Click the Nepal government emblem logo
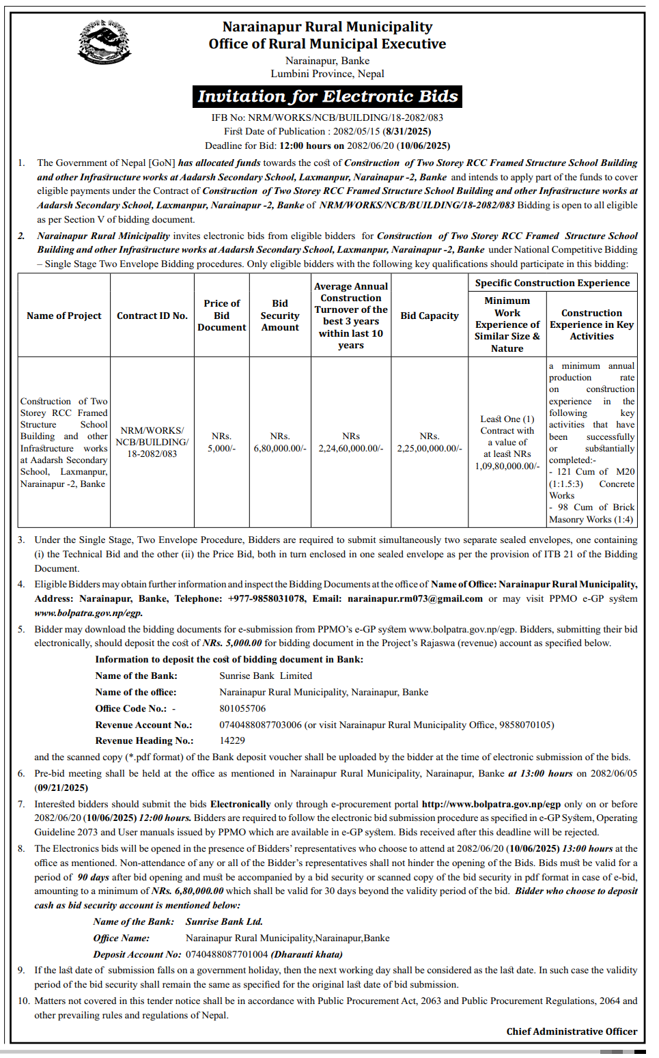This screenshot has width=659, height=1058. pos(104,42)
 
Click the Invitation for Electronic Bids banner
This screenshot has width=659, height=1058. pos(327,96)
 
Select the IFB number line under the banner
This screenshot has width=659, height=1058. pos(327,117)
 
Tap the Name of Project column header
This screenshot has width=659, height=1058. pos(64,316)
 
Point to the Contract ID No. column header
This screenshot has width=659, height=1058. pos(152,316)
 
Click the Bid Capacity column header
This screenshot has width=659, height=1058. pos(430,316)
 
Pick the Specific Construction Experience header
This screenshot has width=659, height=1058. pos(552,283)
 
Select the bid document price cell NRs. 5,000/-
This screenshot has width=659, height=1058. pos(222,442)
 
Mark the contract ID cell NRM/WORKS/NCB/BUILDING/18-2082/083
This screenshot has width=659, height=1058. pos(152,442)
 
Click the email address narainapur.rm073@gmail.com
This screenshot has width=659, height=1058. pos(415,598)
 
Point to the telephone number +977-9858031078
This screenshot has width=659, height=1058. pos(267,598)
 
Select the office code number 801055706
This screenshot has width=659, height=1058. pos(242,708)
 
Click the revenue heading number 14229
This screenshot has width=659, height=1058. pos(232,740)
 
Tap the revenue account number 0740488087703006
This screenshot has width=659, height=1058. pos(260,725)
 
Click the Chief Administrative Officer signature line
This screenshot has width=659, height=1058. pos(572,1031)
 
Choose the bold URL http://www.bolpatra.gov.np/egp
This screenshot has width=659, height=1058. pos(491,804)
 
